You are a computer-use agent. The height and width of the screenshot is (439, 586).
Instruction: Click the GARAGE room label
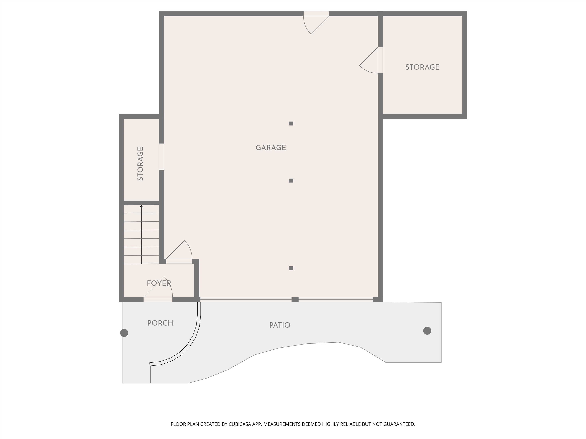pyautogui.click(x=271, y=148)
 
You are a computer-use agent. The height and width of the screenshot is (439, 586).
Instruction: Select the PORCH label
pyautogui.click(x=160, y=323)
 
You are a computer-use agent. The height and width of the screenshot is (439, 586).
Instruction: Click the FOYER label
pyautogui.click(x=159, y=283)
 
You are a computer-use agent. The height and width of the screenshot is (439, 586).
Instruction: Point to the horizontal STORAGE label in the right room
pyautogui.click(x=422, y=67)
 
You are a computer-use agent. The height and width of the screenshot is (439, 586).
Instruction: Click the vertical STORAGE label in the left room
pyautogui.click(x=140, y=164)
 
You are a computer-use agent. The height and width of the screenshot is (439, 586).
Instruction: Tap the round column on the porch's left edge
pyautogui.click(x=124, y=333)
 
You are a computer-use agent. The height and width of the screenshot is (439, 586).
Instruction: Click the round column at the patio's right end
pyautogui.click(x=427, y=331)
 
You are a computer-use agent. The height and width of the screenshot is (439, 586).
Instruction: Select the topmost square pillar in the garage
pyautogui.click(x=291, y=124)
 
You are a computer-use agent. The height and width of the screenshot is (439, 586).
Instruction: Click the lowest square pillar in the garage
pyautogui.click(x=291, y=268)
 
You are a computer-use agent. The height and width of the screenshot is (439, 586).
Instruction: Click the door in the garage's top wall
pyautogui.click(x=316, y=14)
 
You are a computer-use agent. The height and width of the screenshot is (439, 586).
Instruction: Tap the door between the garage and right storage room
pyautogui.click(x=380, y=60)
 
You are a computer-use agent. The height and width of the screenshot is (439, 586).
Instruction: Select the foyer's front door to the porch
pyautogui.click(x=158, y=300)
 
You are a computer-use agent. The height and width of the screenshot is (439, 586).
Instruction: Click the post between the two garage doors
pyautogui.click(x=295, y=300)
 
